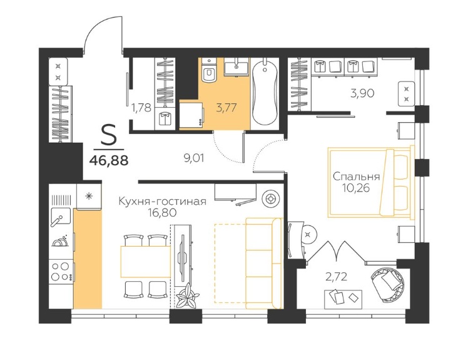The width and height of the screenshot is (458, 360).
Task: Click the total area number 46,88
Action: (109, 160)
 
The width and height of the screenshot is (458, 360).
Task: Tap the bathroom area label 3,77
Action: (226, 108)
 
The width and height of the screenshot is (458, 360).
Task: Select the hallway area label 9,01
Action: (194, 158)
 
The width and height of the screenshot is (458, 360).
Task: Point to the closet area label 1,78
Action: (141, 108)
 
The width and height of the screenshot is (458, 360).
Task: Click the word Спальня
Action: (357, 177)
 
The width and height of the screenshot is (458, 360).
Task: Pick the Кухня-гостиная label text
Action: (163, 202)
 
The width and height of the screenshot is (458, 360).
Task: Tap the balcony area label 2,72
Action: (337, 276)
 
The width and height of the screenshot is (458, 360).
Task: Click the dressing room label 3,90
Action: (362, 93)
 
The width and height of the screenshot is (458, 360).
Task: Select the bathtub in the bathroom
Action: (265, 91)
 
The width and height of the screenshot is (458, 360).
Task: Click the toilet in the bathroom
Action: (209, 71)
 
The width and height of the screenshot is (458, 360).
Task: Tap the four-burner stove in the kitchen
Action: (61, 272)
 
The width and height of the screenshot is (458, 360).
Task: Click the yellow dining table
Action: (145, 262)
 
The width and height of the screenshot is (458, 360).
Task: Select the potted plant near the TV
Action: (186, 297)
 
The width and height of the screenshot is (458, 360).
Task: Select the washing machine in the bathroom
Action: (191, 114)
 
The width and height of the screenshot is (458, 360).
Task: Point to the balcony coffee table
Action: (343, 299)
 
